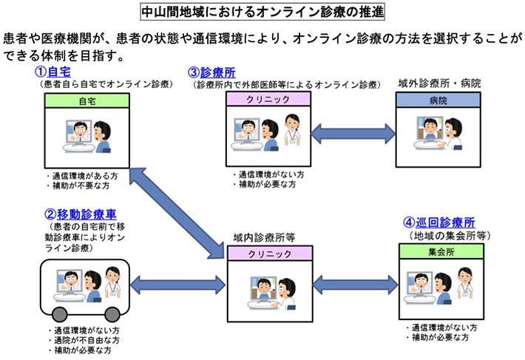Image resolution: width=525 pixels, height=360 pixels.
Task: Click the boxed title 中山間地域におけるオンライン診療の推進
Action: click(262, 13)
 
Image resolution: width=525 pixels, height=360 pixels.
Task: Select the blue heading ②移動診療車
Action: click(75, 214)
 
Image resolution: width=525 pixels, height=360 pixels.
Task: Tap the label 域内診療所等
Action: click(265, 238)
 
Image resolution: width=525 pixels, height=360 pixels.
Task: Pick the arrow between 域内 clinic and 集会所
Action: click(350, 283)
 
